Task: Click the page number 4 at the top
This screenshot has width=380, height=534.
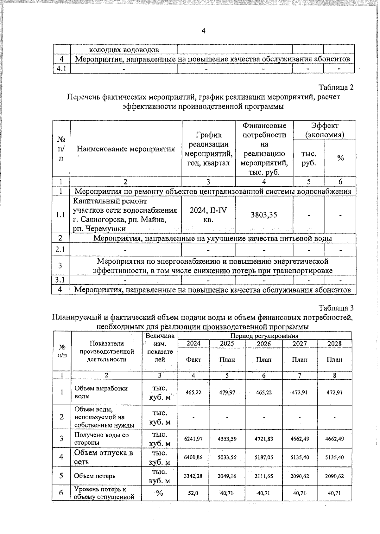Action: click(203, 31)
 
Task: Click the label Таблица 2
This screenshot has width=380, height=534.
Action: click(336, 87)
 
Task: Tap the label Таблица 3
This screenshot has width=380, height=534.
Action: click(336, 308)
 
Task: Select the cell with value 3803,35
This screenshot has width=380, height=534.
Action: click(264, 215)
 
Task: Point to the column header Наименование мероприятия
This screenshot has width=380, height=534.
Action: click(126, 149)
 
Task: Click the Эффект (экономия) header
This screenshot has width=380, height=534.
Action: click(324, 130)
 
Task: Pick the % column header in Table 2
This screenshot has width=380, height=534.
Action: click(340, 158)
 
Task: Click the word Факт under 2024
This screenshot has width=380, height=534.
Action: click(193, 360)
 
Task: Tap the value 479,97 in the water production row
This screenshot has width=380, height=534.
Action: click(227, 392)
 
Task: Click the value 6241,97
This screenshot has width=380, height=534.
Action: click(193, 439)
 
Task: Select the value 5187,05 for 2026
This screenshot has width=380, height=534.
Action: click(263, 457)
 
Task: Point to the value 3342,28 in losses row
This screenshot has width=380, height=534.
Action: click(193, 476)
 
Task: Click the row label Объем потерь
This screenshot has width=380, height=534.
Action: click(94, 476)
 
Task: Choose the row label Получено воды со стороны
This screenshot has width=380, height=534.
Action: click(101, 439)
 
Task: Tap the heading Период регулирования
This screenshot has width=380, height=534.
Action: click(264, 336)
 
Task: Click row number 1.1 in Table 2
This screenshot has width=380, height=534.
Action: click(60, 215)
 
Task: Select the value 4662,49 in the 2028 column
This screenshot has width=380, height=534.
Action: click(335, 439)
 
